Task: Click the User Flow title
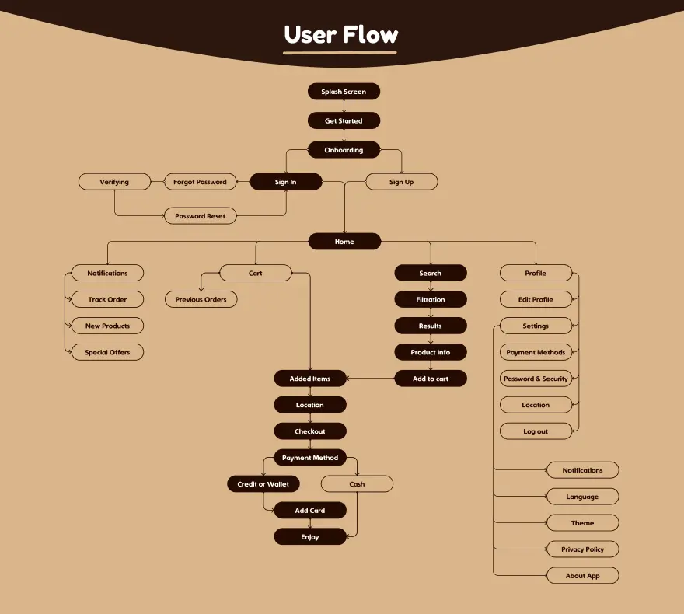click(341, 35)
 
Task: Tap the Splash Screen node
click(344, 92)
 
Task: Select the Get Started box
click(344, 120)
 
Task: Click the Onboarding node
click(344, 150)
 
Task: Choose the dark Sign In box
click(285, 182)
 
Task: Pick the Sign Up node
click(401, 182)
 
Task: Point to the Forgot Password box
click(200, 182)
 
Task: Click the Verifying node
click(114, 182)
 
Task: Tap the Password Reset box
click(200, 216)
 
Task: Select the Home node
click(344, 242)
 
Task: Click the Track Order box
click(107, 299)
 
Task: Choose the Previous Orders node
click(201, 299)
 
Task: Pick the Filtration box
click(430, 299)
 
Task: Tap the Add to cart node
click(430, 379)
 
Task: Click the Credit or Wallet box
click(263, 484)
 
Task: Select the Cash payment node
click(357, 484)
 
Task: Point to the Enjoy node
click(309, 537)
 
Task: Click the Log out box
click(536, 431)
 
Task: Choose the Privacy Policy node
click(582, 549)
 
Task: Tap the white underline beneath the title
click(340, 54)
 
